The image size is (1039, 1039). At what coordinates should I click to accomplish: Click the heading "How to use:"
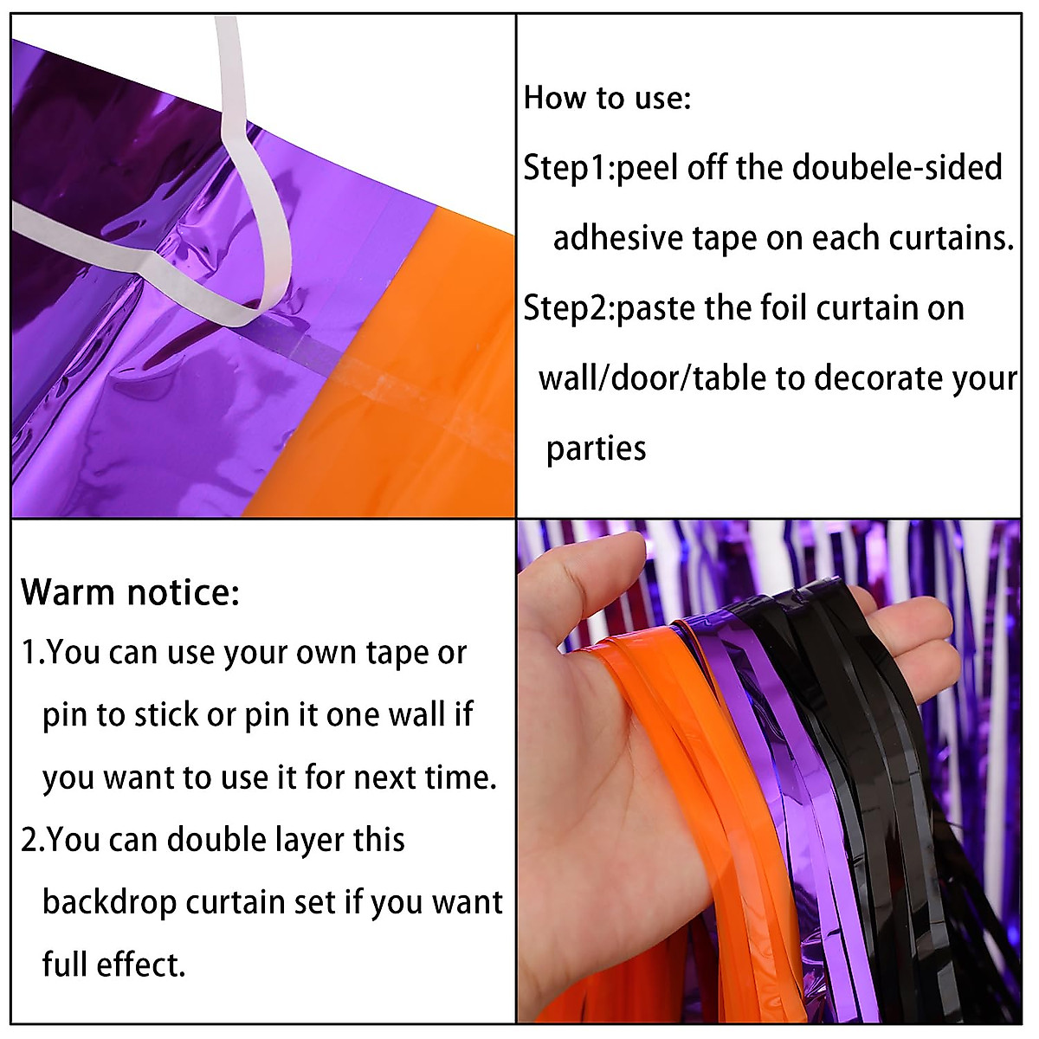[607, 98]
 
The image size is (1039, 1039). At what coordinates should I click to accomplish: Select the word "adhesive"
[617, 238]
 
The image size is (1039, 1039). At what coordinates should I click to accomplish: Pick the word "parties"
[596, 449]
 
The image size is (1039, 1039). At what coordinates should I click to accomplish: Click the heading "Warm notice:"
[130, 593]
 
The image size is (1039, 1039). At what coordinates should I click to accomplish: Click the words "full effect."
[113, 965]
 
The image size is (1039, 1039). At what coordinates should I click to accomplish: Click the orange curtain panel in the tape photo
[424, 390]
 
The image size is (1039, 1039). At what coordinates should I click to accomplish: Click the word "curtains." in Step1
[960, 238]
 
